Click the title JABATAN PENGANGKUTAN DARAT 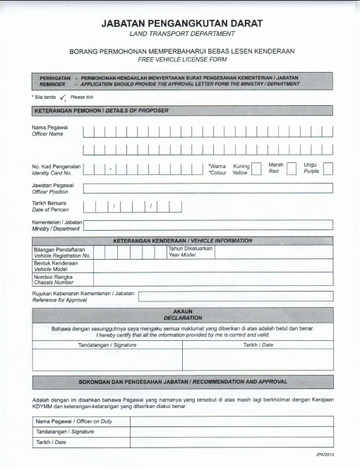[x=183, y=23]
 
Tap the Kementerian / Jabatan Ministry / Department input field [x=208, y=225]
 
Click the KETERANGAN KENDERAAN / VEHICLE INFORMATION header [x=183, y=241]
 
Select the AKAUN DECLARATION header [x=183, y=314]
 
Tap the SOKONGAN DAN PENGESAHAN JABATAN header [x=183, y=382]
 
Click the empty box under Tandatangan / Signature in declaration [x=107, y=359]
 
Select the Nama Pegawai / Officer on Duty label [x=80, y=421]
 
